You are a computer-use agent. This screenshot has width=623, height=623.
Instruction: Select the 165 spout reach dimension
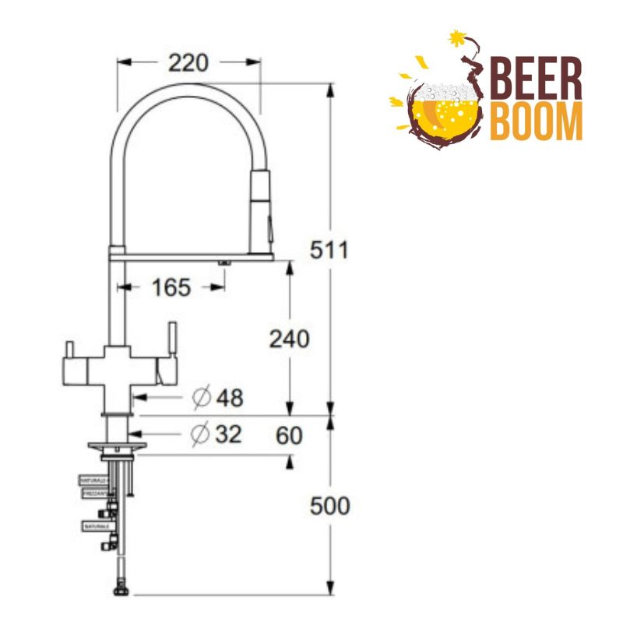pos(171,287)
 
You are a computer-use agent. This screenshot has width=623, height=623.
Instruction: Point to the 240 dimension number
pos(289,339)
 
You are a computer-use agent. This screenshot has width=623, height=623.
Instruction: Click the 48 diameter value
pos(228,398)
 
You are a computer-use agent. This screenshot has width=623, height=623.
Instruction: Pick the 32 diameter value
pos(227,435)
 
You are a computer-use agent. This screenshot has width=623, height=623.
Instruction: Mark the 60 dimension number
pos(288,436)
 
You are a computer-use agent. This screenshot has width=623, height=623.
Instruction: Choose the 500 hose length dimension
pos(330,506)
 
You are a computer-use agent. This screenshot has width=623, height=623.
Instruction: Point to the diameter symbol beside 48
pos(201,398)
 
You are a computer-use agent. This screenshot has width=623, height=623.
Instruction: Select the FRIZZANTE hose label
pos(93,494)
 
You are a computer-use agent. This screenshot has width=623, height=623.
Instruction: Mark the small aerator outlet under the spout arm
pos(224,263)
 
